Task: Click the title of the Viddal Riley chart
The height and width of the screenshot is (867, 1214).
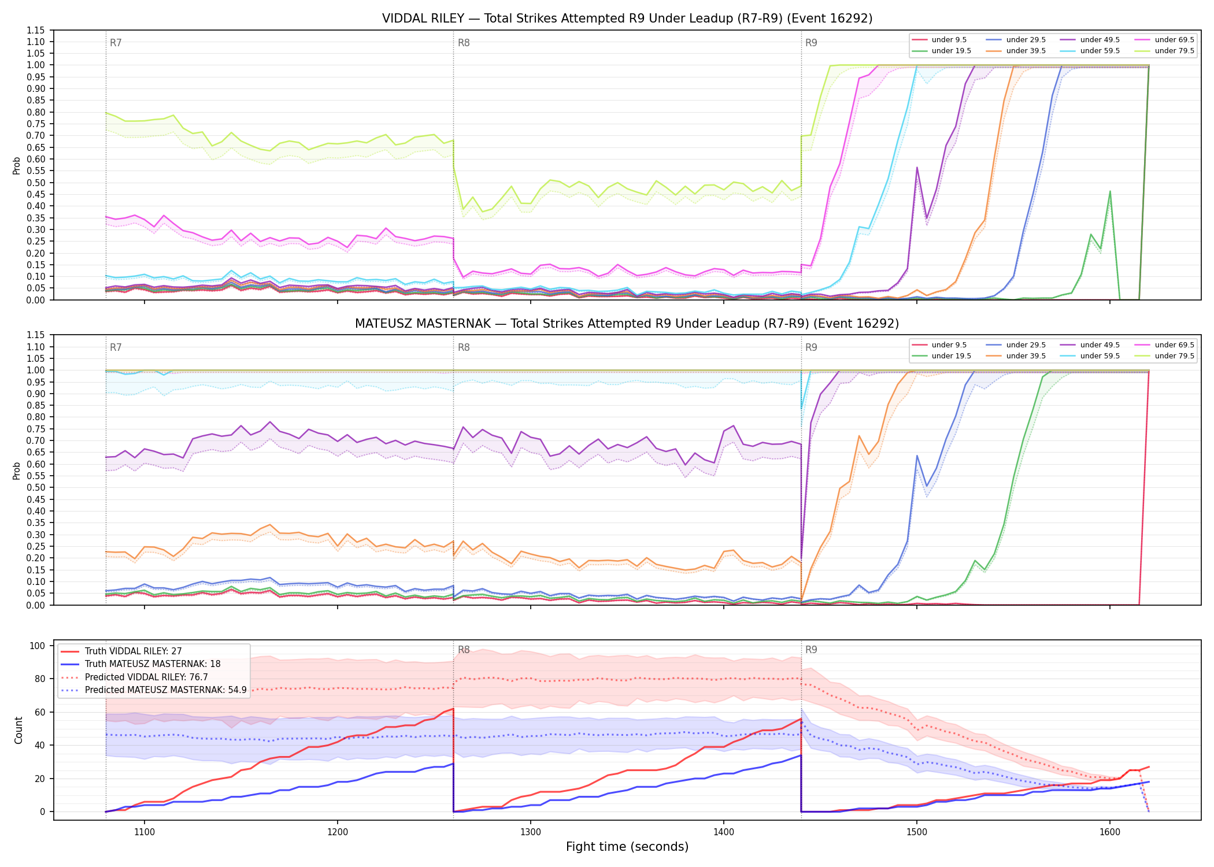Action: (x=627, y=18)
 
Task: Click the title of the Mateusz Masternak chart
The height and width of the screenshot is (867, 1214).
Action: (x=627, y=324)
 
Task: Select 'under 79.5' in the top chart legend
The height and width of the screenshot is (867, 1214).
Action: (x=1174, y=51)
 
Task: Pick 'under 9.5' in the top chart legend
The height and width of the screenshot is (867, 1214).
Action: (x=949, y=40)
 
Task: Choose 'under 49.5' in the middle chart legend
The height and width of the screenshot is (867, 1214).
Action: (x=1100, y=345)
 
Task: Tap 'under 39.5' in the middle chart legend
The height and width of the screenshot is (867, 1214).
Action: (x=1026, y=356)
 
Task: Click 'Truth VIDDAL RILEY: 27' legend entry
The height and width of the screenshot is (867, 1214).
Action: (x=134, y=651)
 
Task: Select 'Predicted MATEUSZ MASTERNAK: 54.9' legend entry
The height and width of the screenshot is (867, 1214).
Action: (x=166, y=690)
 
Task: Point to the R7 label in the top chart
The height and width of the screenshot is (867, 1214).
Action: (x=116, y=43)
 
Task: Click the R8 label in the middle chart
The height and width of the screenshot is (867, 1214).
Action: (x=464, y=347)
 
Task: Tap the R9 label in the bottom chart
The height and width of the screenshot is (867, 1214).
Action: (x=811, y=650)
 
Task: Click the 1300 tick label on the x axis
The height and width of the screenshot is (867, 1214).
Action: (x=531, y=832)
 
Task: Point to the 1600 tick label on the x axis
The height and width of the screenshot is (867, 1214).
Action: (x=1110, y=832)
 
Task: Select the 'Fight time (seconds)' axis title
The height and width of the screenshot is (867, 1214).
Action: (x=627, y=847)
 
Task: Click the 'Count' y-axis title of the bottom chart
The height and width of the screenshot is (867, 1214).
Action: (x=18, y=731)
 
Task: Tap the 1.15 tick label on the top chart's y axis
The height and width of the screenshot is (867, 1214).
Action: (x=36, y=30)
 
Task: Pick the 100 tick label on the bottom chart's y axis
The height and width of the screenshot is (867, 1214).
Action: (x=38, y=646)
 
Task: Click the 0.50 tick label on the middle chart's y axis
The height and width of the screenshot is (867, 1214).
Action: (x=36, y=488)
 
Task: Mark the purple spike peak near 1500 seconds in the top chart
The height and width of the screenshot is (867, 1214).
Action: (x=917, y=168)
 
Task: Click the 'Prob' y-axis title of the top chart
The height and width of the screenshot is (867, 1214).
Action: (x=17, y=166)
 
